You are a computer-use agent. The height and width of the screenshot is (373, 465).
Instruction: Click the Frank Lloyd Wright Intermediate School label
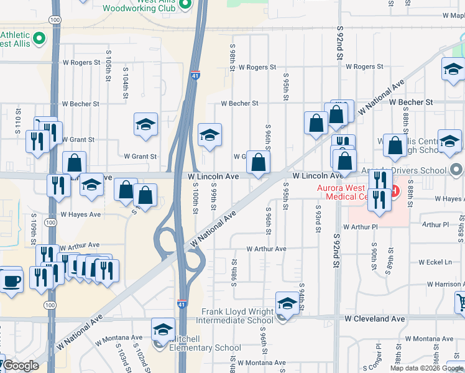(234, 316)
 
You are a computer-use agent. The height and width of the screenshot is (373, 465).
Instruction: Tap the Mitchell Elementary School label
(201, 343)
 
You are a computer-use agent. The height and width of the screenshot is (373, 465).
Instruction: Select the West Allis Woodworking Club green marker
(185, 4)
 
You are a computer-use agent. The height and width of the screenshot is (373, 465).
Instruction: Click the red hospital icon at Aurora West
(394, 185)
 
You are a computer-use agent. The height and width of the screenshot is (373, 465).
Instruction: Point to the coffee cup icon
(12, 281)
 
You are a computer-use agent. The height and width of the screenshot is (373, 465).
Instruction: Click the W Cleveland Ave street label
(375, 318)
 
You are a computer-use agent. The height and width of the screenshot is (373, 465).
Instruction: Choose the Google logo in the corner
(20, 366)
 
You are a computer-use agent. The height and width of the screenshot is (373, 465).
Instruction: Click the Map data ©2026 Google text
(426, 368)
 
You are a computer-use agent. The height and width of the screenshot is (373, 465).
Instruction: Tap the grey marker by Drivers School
(457, 170)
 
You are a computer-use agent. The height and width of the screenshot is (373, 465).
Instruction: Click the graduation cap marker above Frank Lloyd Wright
(287, 304)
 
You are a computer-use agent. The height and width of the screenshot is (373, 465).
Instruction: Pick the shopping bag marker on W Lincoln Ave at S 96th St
(259, 163)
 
